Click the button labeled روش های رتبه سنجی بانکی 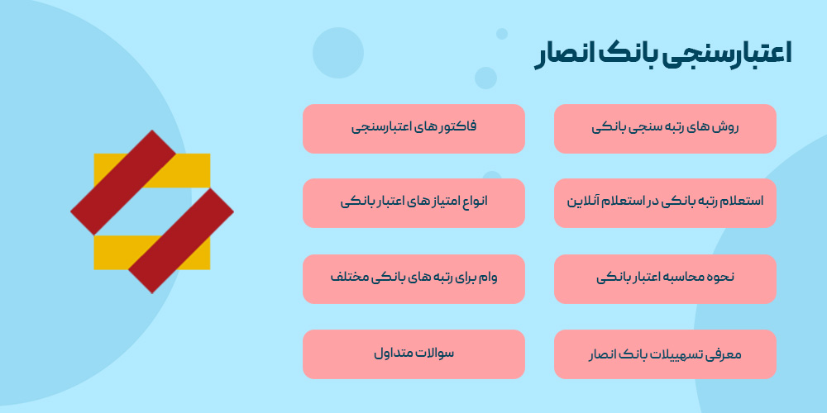[665, 129]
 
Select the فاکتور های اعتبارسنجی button [413, 129]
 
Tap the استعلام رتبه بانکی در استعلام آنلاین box [665, 202]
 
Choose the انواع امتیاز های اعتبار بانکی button [413, 202]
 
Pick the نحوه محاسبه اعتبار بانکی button [665, 278]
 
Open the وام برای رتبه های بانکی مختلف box [413, 278]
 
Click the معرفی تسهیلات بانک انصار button [665, 354]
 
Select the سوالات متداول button [413, 354]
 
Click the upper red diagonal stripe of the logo [123, 182]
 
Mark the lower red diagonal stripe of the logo [181, 240]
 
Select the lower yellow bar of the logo [112, 252]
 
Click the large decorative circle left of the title [338, 53]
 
